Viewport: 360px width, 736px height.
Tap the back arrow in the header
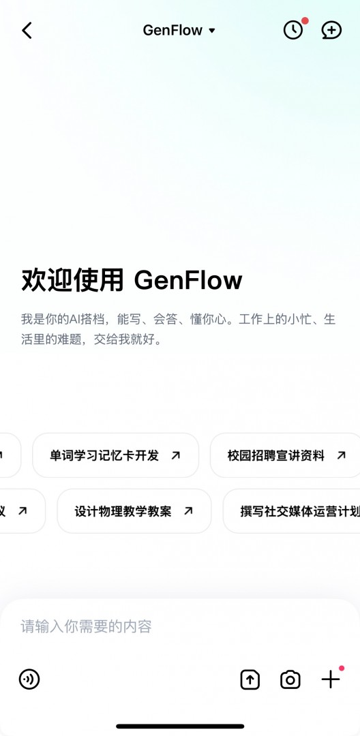pos(27,31)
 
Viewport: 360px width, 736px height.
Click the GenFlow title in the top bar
pos(172,31)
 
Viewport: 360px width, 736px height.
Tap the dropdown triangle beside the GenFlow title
pos(211,31)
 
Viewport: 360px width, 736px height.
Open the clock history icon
pos(293,31)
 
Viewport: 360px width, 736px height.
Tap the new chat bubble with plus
pos(331,31)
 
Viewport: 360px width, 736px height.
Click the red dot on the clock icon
pos(305,21)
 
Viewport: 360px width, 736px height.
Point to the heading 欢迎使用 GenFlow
pos(132,280)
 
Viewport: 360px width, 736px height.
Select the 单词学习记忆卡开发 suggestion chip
pos(115,455)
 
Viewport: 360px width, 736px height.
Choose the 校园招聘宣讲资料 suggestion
pos(286,455)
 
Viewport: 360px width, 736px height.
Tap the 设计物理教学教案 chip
pos(134,511)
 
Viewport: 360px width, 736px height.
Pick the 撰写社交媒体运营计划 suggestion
pos(291,511)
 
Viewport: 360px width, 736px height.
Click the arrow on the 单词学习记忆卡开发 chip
pos(175,455)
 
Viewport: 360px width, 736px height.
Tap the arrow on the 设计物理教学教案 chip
pos(188,510)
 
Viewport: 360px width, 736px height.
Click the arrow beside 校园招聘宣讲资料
pos(342,455)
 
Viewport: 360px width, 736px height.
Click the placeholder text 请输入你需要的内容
pos(87,627)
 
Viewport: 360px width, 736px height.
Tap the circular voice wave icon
pos(29,679)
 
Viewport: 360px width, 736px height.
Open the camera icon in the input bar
pos(290,679)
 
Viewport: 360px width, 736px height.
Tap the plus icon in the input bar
pos(331,679)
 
